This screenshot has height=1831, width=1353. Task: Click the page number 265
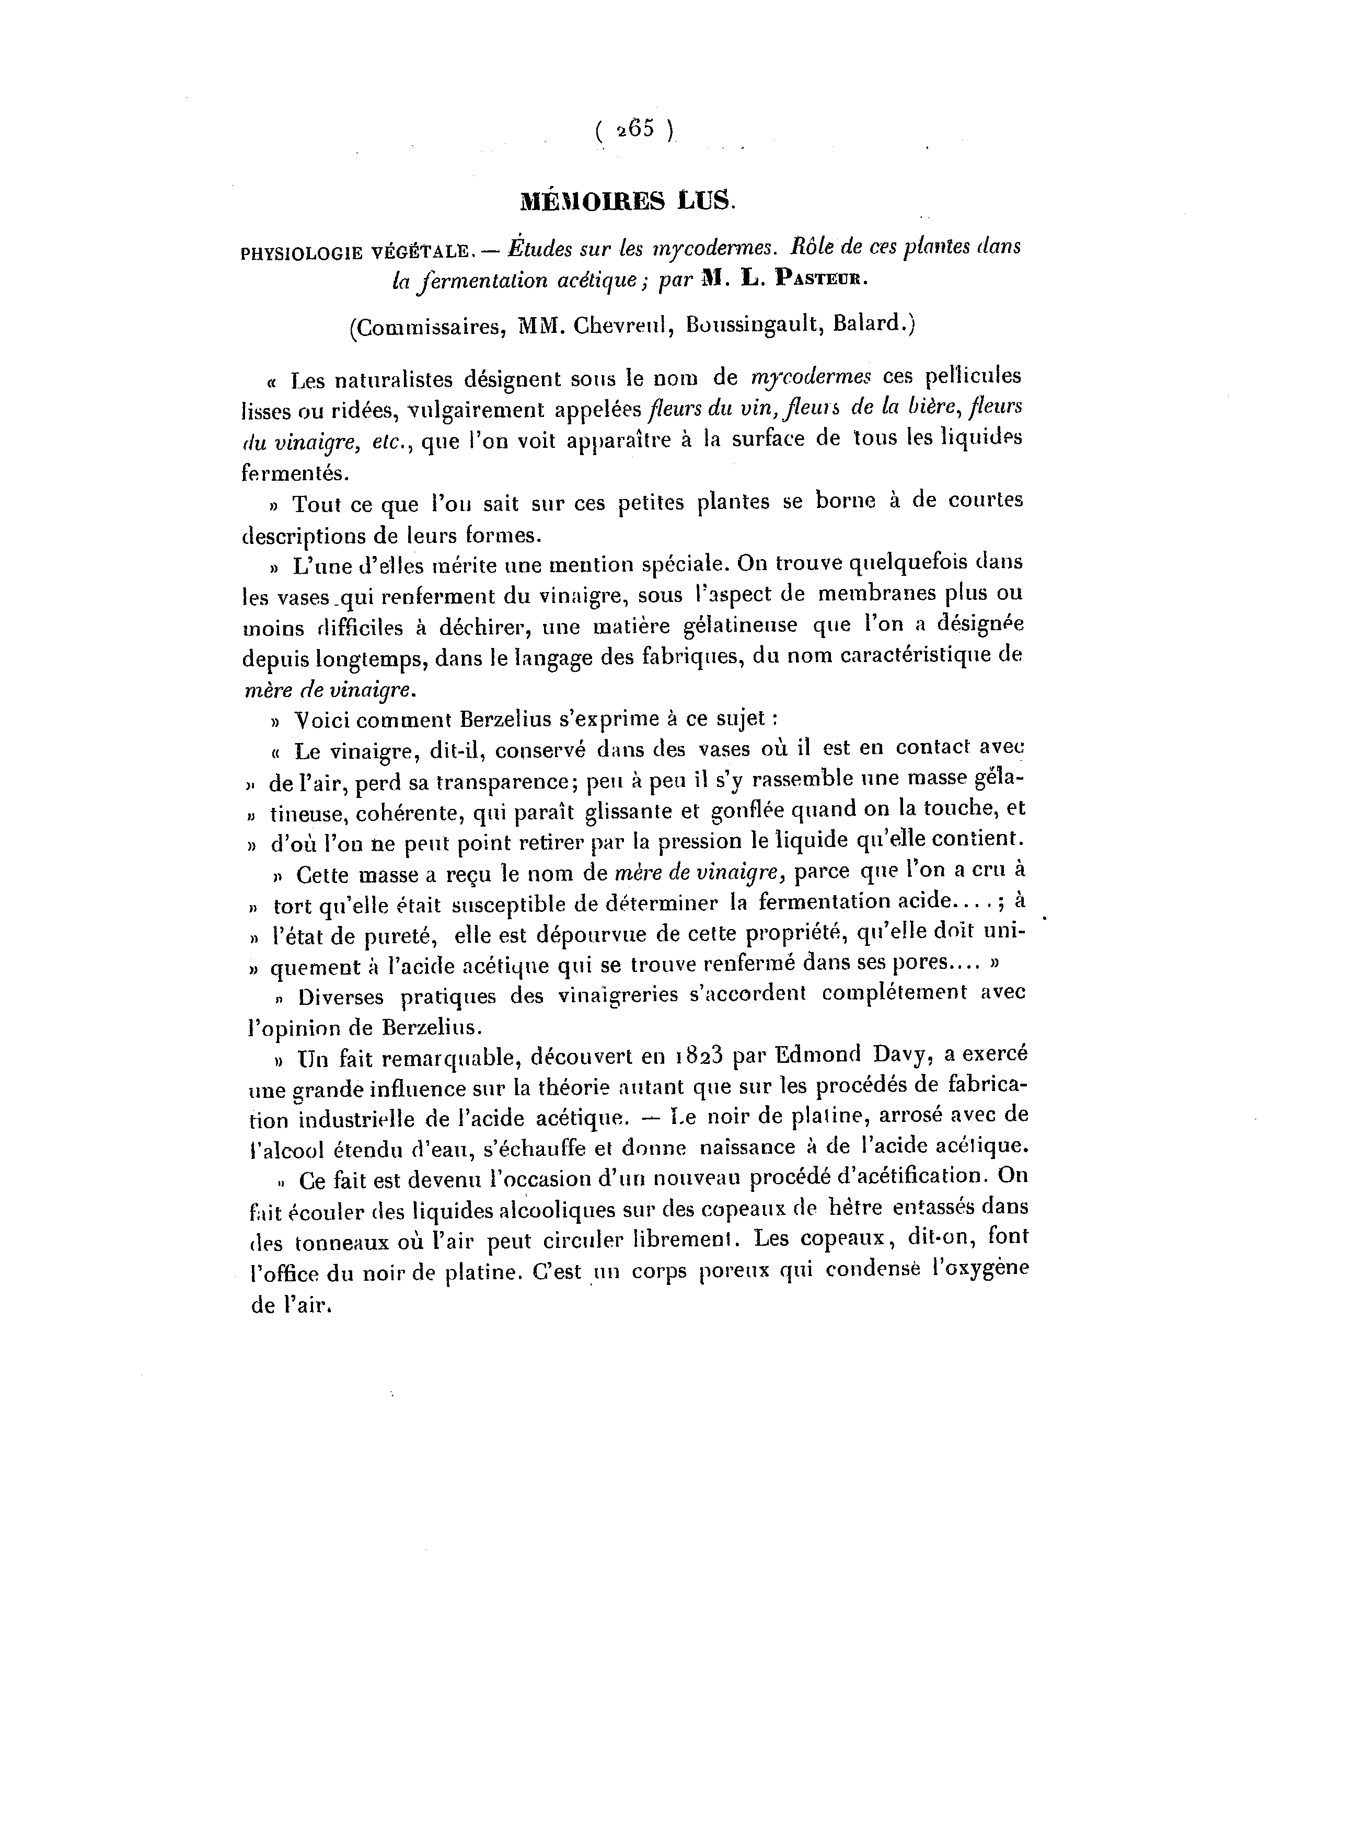(635, 130)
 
